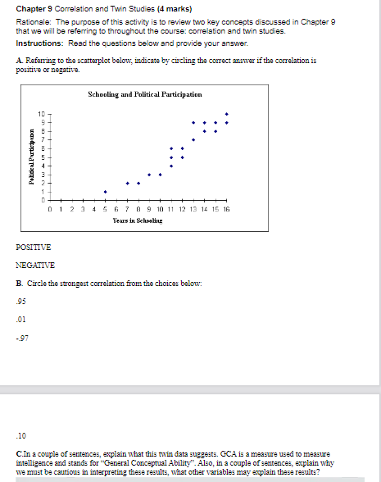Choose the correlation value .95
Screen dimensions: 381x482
point(20,300)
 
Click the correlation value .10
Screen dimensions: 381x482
point(20,435)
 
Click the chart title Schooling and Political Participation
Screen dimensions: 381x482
point(144,96)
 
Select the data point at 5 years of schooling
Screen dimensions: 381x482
point(105,192)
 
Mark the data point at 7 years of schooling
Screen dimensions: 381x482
point(127,183)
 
